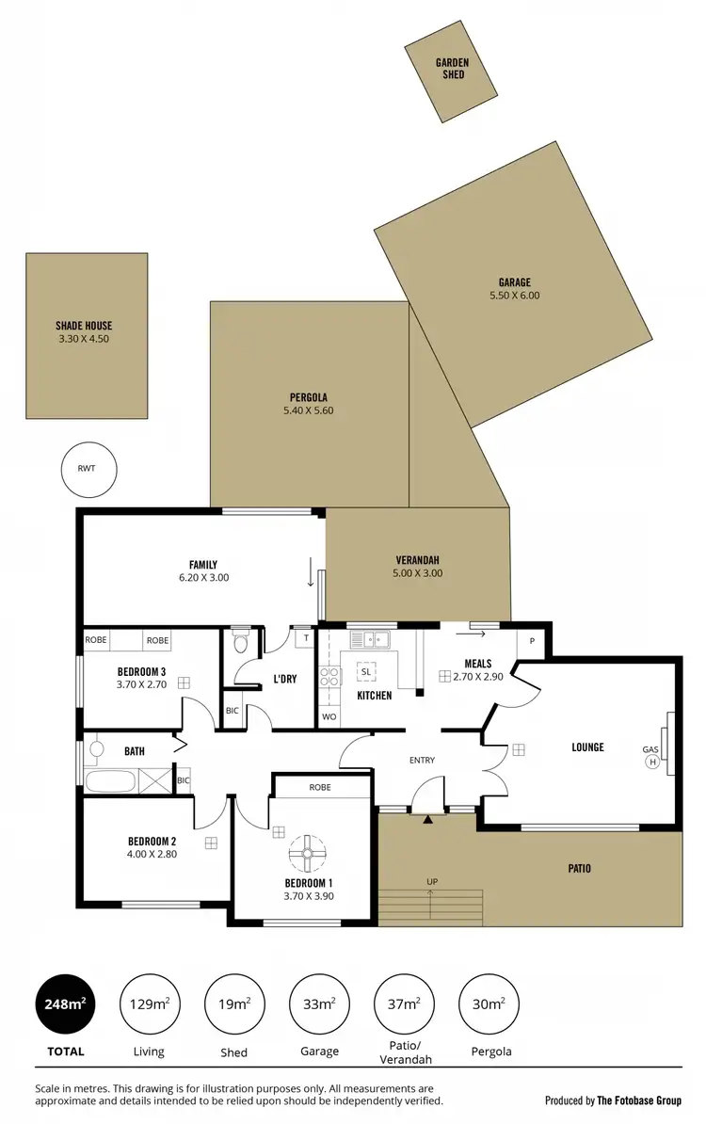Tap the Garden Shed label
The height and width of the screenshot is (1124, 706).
tap(452, 68)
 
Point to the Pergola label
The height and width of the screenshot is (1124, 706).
tap(308, 396)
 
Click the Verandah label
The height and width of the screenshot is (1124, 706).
tap(417, 559)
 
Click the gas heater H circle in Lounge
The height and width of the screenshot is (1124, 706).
tap(650, 763)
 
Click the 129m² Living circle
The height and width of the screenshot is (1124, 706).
tap(149, 1004)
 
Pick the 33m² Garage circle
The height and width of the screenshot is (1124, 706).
tap(318, 1004)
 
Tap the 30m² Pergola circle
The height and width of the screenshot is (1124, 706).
tap(488, 1004)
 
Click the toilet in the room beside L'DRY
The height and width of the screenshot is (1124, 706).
tap(240, 643)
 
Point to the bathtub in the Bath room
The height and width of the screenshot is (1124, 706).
tap(111, 781)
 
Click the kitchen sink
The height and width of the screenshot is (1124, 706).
tap(371, 640)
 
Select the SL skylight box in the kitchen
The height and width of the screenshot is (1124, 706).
tap(365, 671)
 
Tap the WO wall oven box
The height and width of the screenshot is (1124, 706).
tap(329, 716)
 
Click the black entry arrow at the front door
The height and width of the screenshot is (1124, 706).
tap(429, 820)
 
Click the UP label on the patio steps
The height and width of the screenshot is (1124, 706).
tap(432, 882)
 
